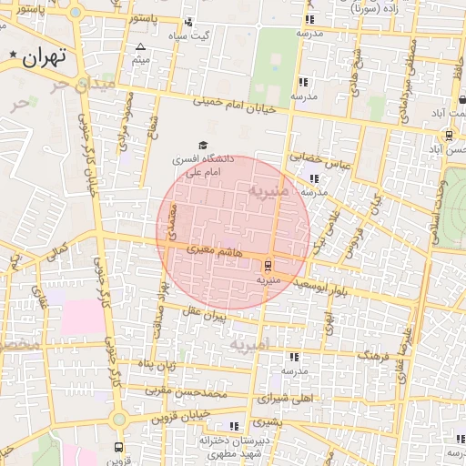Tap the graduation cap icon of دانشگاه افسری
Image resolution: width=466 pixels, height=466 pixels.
click(x=202, y=145)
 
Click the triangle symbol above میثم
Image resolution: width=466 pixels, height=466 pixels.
click(x=140, y=47)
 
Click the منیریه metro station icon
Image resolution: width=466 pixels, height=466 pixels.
click(x=268, y=266)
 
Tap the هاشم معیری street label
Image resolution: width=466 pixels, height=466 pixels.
click(x=216, y=248)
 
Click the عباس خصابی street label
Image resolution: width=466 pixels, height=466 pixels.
click(x=320, y=161)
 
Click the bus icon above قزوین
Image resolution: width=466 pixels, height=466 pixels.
click(x=118, y=448)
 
